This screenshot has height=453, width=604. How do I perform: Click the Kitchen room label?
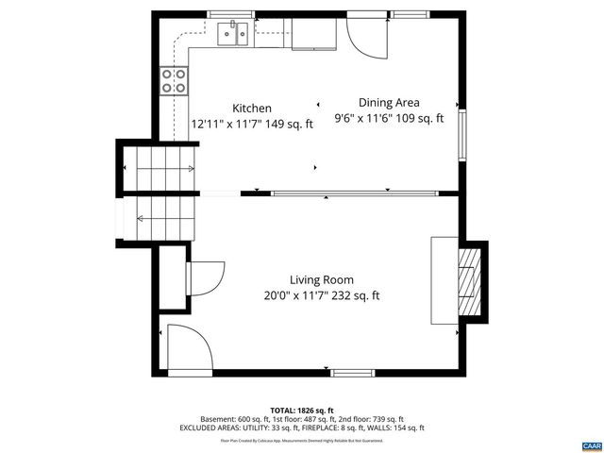tap(252, 109)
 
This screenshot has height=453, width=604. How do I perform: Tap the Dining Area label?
tap(389, 103)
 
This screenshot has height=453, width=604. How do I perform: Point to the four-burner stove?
tap(174, 80)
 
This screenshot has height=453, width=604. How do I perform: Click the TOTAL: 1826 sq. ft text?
tap(302, 411)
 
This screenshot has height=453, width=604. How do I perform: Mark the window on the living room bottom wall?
tap(351, 371)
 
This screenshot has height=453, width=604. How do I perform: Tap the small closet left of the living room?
tap(171, 277)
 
